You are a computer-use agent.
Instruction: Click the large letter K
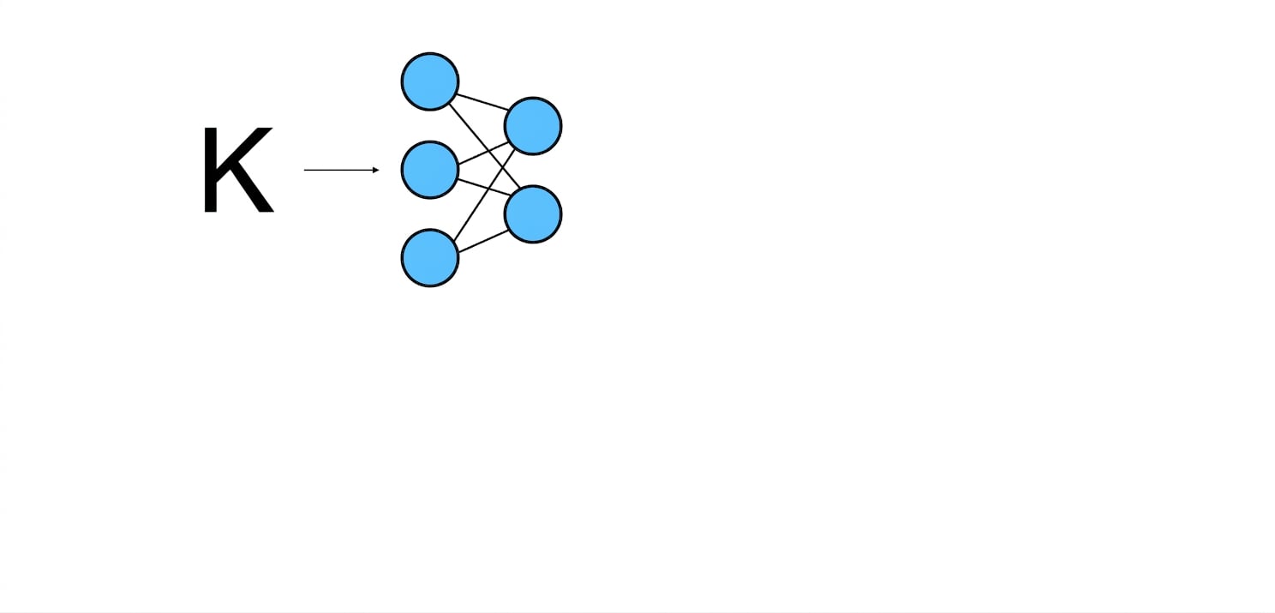tap(238, 170)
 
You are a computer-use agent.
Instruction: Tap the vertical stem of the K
tap(210, 170)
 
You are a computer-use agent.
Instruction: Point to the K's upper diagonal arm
tap(246, 147)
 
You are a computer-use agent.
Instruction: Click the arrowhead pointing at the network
tap(376, 170)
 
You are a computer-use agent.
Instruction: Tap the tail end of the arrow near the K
tap(304, 170)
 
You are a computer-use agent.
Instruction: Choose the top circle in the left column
tap(430, 81)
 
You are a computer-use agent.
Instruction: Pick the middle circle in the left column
tap(430, 170)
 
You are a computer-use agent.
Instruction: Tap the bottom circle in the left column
tap(430, 258)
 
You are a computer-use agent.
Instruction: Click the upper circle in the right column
tap(533, 126)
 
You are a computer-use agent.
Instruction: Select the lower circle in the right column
tap(533, 214)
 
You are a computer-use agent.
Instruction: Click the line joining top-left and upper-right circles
tap(482, 101)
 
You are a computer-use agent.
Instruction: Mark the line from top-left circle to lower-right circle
tap(484, 146)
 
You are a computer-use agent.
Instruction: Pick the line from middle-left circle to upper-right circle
tap(482, 153)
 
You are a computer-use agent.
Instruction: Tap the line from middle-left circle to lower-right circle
tap(484, 188)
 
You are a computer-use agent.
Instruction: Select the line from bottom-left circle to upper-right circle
tap(484, 195)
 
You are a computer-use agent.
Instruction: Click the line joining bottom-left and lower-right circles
tap(483, 241)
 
